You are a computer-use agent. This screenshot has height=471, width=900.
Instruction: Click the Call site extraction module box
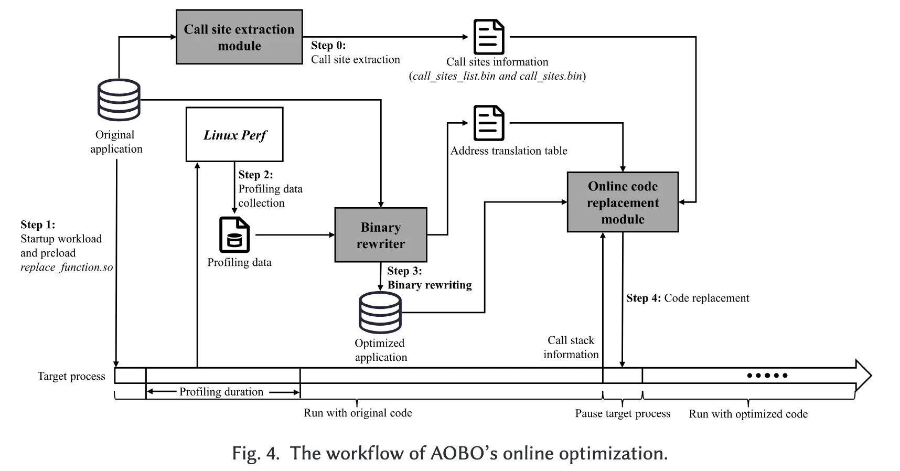pos(239,37)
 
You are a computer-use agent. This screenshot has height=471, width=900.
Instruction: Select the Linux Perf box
pos(234,135)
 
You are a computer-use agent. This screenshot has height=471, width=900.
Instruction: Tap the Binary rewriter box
pos(381,235)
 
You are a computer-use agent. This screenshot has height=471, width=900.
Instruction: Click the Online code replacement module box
pos(623,202)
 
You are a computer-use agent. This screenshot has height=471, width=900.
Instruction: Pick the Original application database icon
pos(119,100)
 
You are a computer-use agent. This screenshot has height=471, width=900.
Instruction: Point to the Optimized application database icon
pos(380,313)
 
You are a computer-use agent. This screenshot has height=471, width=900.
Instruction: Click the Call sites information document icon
pos(488,37)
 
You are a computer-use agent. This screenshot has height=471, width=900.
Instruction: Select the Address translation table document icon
pos(488,123)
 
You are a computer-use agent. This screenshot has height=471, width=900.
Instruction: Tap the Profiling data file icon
pos(234,235)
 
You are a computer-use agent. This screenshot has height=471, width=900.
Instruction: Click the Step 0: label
pos(328,45)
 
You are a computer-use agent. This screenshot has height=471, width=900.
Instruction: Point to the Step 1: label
pos(38,224)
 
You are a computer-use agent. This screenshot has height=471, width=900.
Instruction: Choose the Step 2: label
pos(255,175)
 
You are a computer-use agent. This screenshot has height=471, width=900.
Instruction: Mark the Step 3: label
pos(404,271)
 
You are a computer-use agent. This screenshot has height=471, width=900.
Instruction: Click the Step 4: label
pos(644,298)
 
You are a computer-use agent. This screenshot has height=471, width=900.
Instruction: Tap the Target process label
pos(71,376)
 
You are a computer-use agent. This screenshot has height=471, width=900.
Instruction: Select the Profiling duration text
pos(221,392)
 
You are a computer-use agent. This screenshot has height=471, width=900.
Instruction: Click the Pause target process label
pos(623,413)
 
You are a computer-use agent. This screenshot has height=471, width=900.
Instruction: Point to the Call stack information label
pos(571,347)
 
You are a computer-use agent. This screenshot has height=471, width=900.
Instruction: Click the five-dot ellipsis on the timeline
pos(767,376)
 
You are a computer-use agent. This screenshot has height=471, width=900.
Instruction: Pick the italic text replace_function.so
pos(67,267)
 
